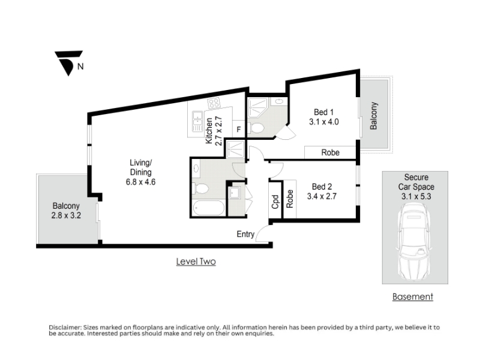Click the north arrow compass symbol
click(68, 62)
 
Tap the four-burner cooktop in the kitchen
click(214, 103)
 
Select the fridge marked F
click(239, 130)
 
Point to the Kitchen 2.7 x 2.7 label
click(214, 131)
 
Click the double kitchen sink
click(198, 121)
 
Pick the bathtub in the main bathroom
click(208, 208)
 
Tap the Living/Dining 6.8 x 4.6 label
click(141, 172)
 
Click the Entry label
click(245, 234)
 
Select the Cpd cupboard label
click(275, 202)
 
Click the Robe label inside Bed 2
click(290, 199)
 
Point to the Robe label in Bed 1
click(331, 152)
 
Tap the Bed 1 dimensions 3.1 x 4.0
click(324, 122)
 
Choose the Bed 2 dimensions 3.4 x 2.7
click(322, 196)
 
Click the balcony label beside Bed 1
click(373, 116)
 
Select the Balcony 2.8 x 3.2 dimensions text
click(66, 215)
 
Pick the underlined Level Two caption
click(196, 262)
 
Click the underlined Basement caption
click(413, 296)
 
